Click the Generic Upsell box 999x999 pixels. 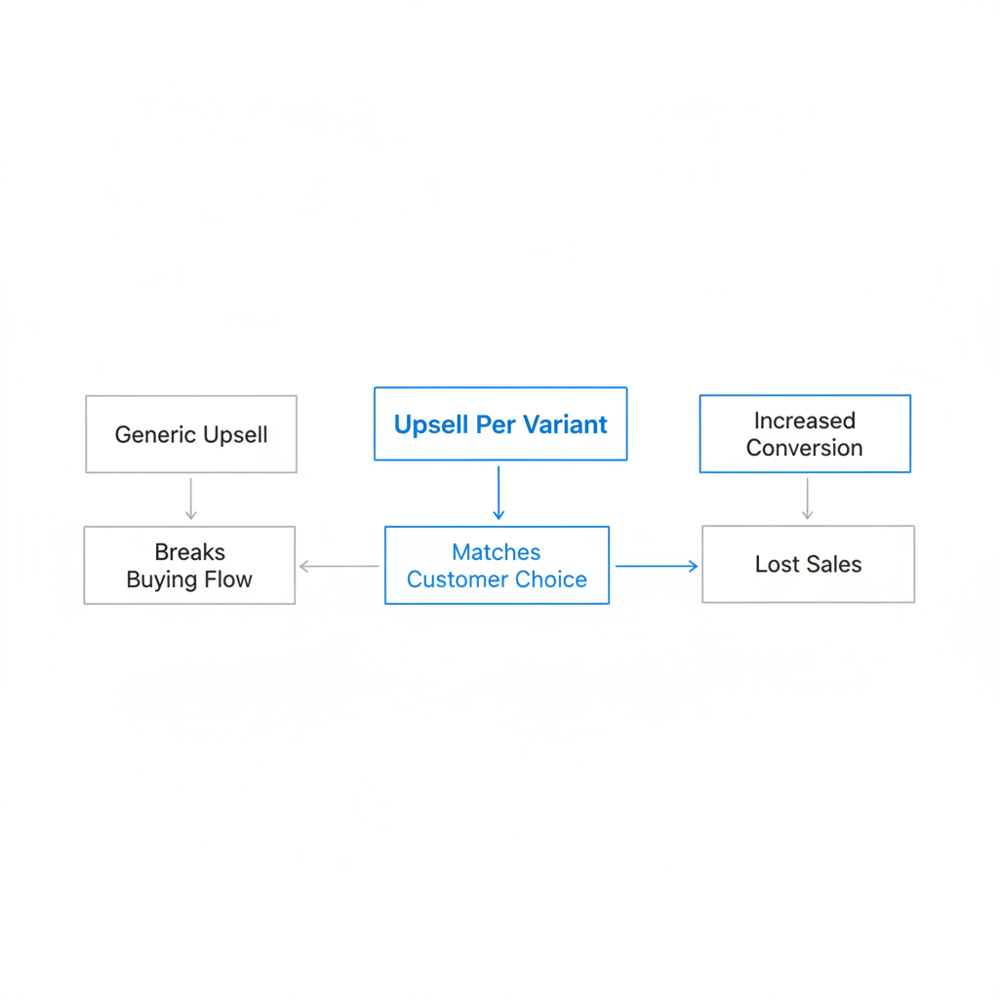point(191,434)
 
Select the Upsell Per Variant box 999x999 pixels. point(500,423)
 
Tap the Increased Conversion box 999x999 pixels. point(805,434)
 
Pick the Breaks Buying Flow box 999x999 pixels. point(190,565)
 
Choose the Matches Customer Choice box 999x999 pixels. point(497,565)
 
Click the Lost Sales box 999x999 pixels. point(809,564)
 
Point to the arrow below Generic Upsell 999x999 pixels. point(191,499)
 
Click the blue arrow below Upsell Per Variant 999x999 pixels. point(499,493)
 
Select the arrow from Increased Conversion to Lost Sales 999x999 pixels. point(807,499)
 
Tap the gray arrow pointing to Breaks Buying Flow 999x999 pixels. point(339,566)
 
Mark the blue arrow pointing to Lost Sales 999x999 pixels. point(657,566)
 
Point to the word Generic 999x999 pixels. point(155,434)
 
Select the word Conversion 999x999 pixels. point(805,448)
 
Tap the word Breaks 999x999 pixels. point(190,552)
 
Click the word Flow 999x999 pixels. point(228,579)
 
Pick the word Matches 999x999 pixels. point(497,552)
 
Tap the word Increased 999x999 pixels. point(805,420)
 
